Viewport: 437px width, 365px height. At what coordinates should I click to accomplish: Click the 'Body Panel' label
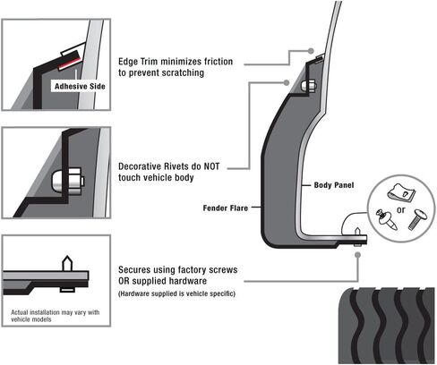click(333, 185)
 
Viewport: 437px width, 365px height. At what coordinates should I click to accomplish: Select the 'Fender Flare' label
click(230, 208)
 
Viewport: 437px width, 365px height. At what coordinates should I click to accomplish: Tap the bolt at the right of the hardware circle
click(416, 219)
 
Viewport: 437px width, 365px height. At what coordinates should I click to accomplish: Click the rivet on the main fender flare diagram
click(309, 87)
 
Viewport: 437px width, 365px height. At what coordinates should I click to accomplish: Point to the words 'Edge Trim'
click(142, 62)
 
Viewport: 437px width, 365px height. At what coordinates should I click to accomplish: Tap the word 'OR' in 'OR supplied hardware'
click(128, 282)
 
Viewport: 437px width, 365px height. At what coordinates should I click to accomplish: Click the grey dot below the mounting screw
click(358, 254)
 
